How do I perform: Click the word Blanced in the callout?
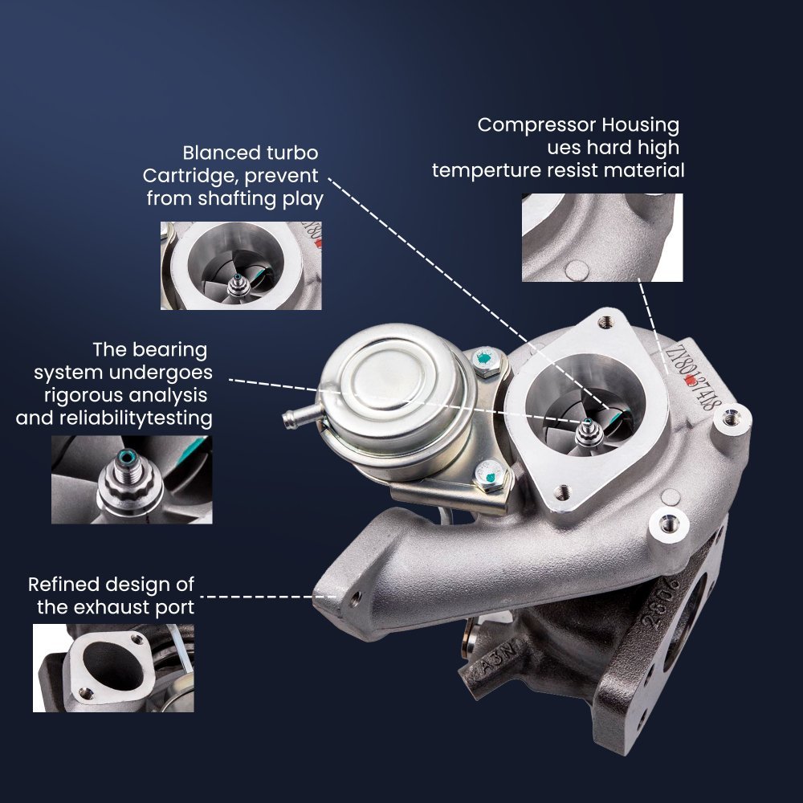click(x=216, y=153)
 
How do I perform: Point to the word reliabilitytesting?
click(x=136, y=418)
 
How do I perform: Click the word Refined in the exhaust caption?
click(x=62, y=585)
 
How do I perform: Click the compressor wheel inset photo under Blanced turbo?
click(x=241, y=265)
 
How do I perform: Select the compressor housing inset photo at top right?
click(x=602, y=238)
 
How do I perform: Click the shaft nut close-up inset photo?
click(x=132, y=479)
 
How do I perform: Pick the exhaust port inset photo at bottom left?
click(x=114, y=668)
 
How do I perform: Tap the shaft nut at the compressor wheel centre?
click(x=589, y=434)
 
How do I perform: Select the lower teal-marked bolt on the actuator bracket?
click(x=488, y=475)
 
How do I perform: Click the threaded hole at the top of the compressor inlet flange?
click(x=605, y=323)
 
